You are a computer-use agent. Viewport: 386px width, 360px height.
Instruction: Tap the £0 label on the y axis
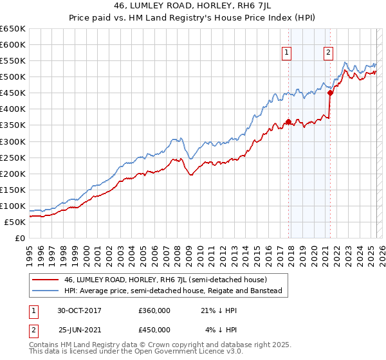pos(19,238)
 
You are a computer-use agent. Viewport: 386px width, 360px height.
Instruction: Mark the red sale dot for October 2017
pos(288,122)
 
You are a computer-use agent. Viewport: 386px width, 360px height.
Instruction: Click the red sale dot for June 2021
pos(330,93)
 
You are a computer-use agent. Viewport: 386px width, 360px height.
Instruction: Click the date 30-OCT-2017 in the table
pos(79,311)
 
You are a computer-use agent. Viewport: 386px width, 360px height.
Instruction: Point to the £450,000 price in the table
pos(154,330)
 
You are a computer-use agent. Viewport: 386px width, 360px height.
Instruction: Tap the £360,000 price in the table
pos(154,311)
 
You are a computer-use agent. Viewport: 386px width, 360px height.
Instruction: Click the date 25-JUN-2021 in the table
pos(79,330)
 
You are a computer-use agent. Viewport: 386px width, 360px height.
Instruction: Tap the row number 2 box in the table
pos(33,330)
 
